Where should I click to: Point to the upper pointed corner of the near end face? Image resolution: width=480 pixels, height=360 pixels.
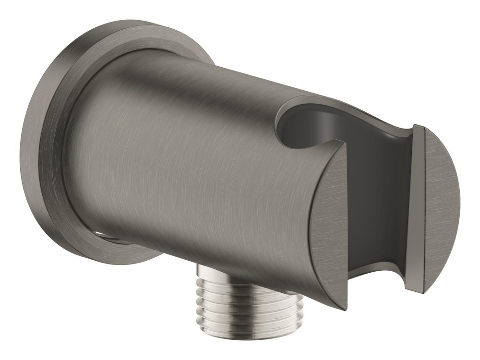click(344, 144)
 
